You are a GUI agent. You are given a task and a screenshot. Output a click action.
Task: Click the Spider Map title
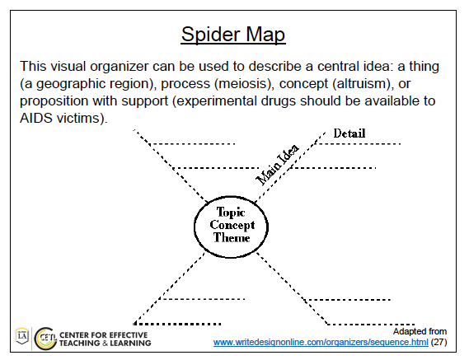[x=233, y=35]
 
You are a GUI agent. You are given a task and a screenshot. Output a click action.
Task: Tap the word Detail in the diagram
[x=349, y=133]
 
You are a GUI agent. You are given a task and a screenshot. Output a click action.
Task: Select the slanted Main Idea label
[x=277, y=165]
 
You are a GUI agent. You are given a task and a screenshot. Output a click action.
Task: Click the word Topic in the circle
[x=231, y=212]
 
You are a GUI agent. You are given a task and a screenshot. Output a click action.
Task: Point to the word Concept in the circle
[x=232, y=225]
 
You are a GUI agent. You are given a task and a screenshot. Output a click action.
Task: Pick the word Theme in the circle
[x=232, y=238]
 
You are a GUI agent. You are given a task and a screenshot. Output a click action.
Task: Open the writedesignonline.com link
[x=321, y=342]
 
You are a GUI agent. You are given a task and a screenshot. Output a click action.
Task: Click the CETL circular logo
[x=45, y=339]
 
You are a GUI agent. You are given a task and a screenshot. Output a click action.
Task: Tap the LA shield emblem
[x=22, y=336]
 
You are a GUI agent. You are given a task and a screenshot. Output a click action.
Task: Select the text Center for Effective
[x=104, y=335]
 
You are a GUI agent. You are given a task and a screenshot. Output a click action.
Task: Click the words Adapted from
[x=420, y=331]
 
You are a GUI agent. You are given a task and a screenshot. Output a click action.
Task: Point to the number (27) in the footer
[x=439, y=342]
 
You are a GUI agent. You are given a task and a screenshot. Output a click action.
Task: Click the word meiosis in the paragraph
[x=242, y=84]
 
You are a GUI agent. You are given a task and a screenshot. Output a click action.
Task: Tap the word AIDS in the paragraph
[x=36, y=118]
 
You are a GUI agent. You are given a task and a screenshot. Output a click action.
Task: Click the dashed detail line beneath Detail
[x=358, y=144]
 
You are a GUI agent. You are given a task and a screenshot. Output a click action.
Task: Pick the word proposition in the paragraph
[x=54, y=101]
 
